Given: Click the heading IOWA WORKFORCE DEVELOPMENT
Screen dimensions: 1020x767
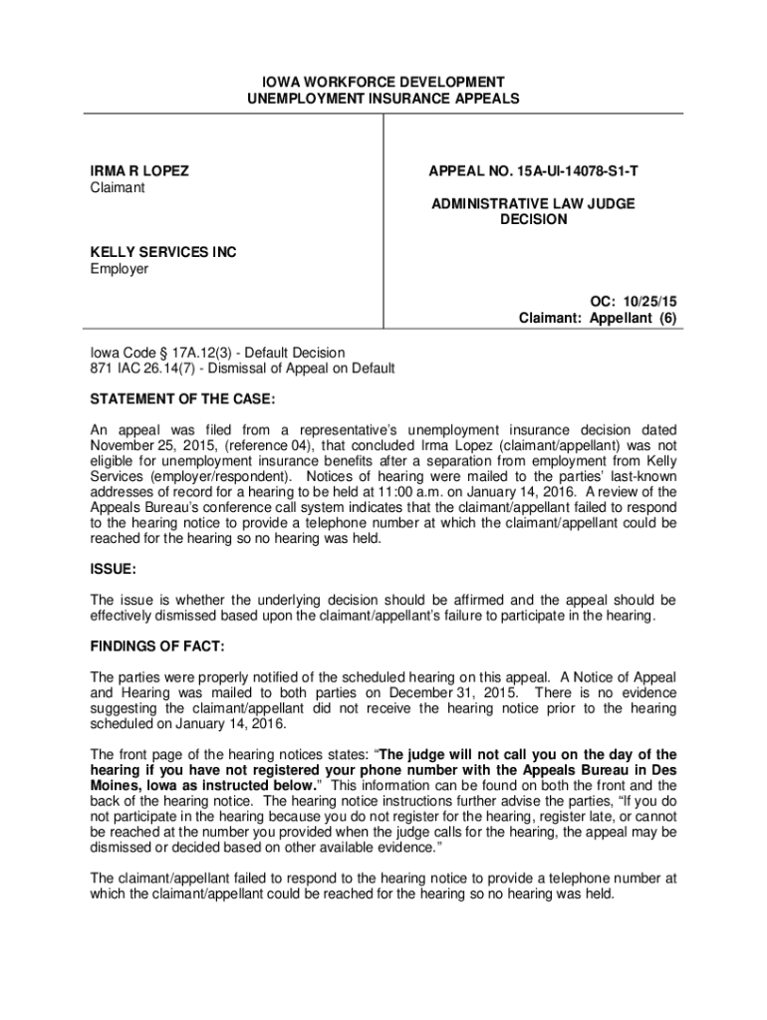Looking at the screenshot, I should pos(383,82).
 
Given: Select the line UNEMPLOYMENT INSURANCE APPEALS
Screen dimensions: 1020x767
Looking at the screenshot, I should pos(383,99).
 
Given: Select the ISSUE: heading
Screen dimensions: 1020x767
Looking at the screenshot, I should pos(114,571).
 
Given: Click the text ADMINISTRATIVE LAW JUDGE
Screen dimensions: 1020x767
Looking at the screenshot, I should pos(533,203).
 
